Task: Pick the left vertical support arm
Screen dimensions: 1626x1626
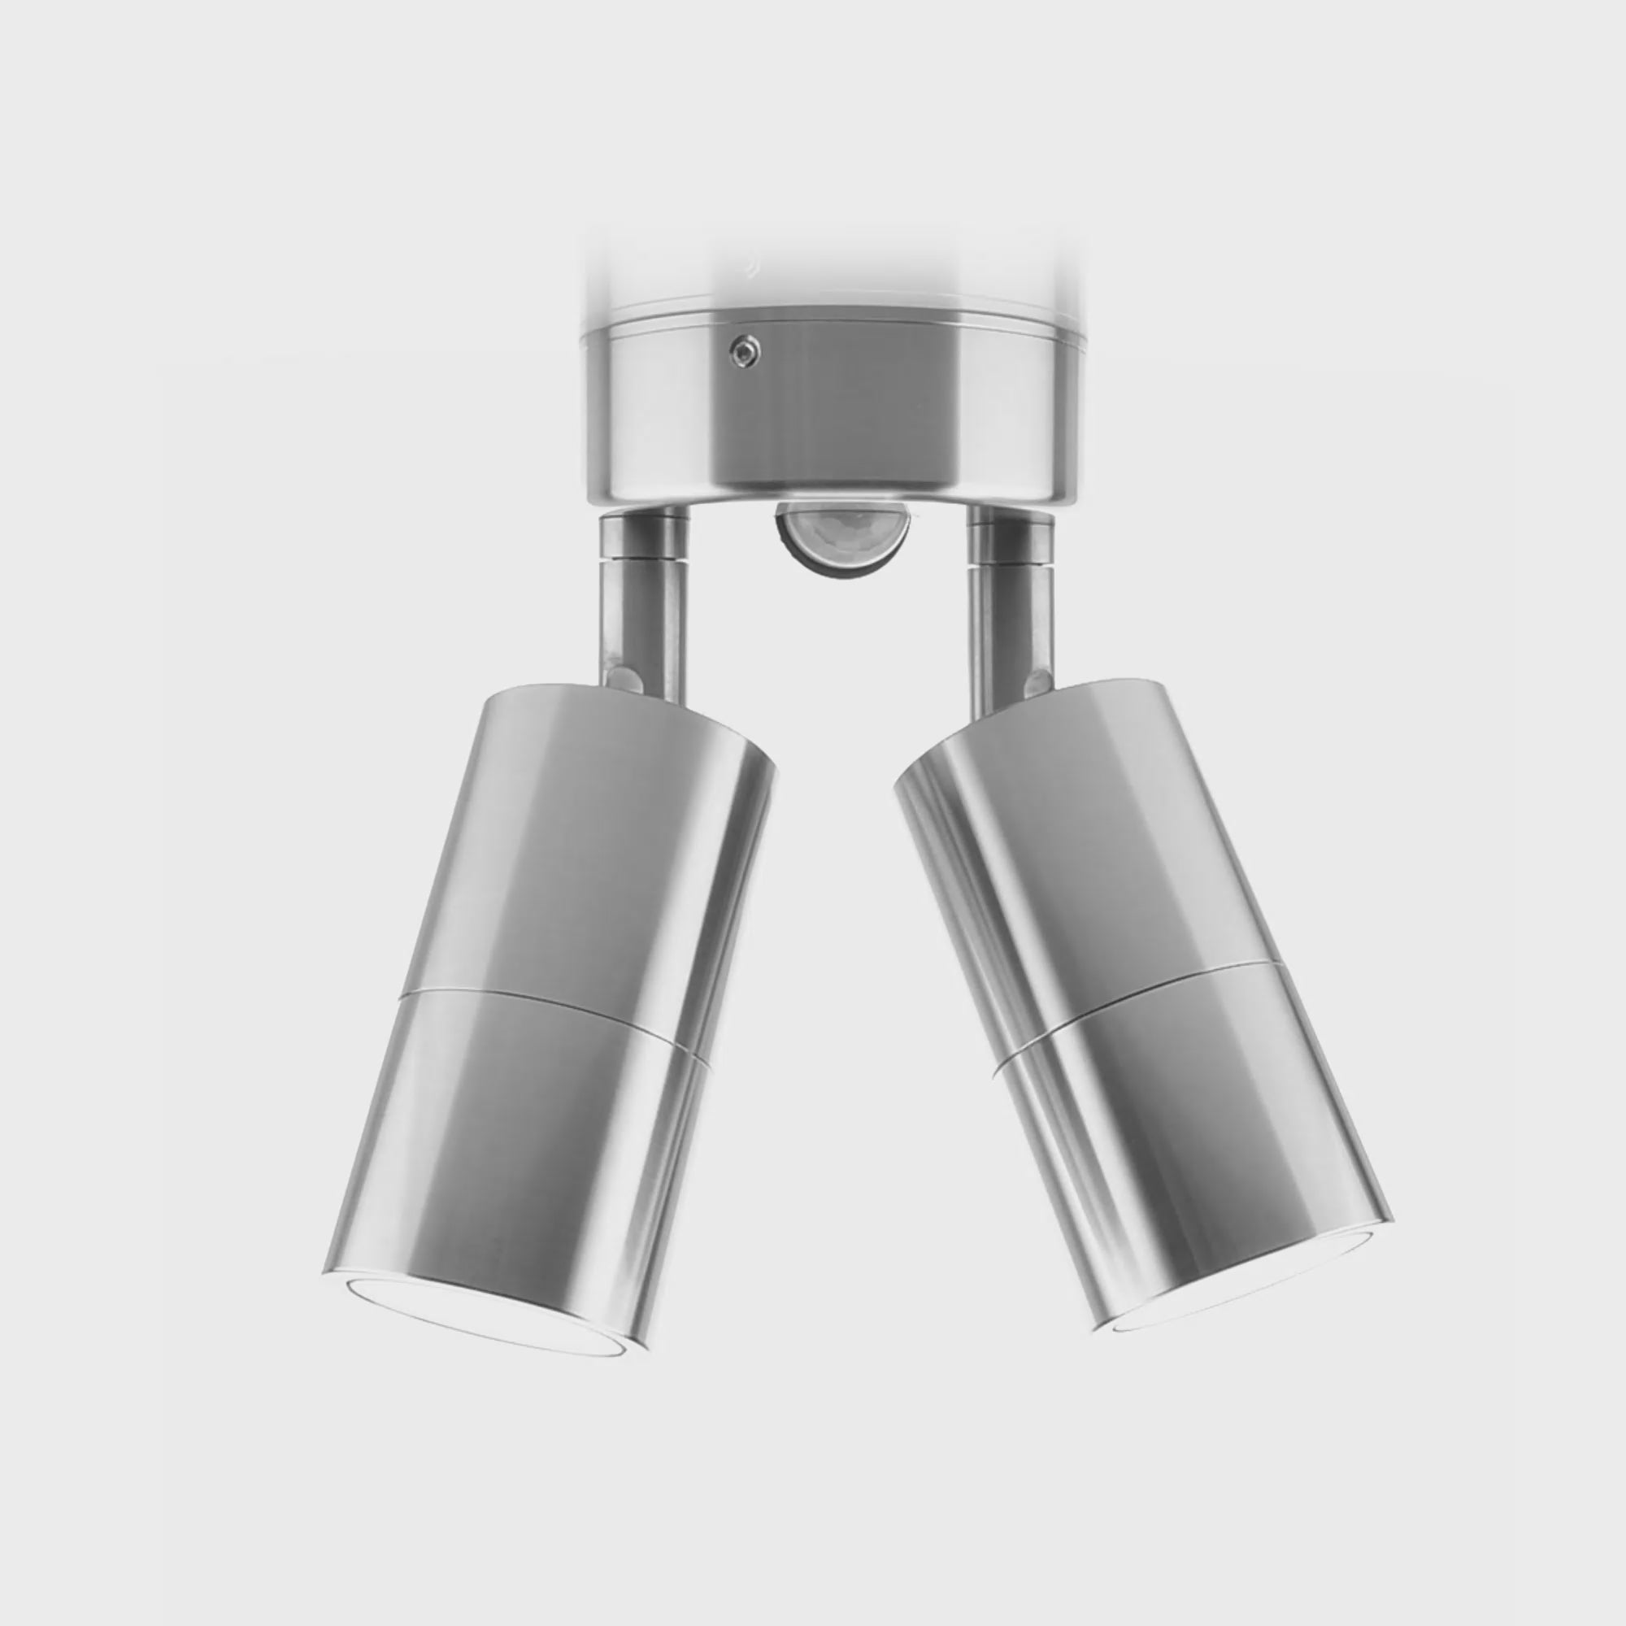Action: click(643, 615)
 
